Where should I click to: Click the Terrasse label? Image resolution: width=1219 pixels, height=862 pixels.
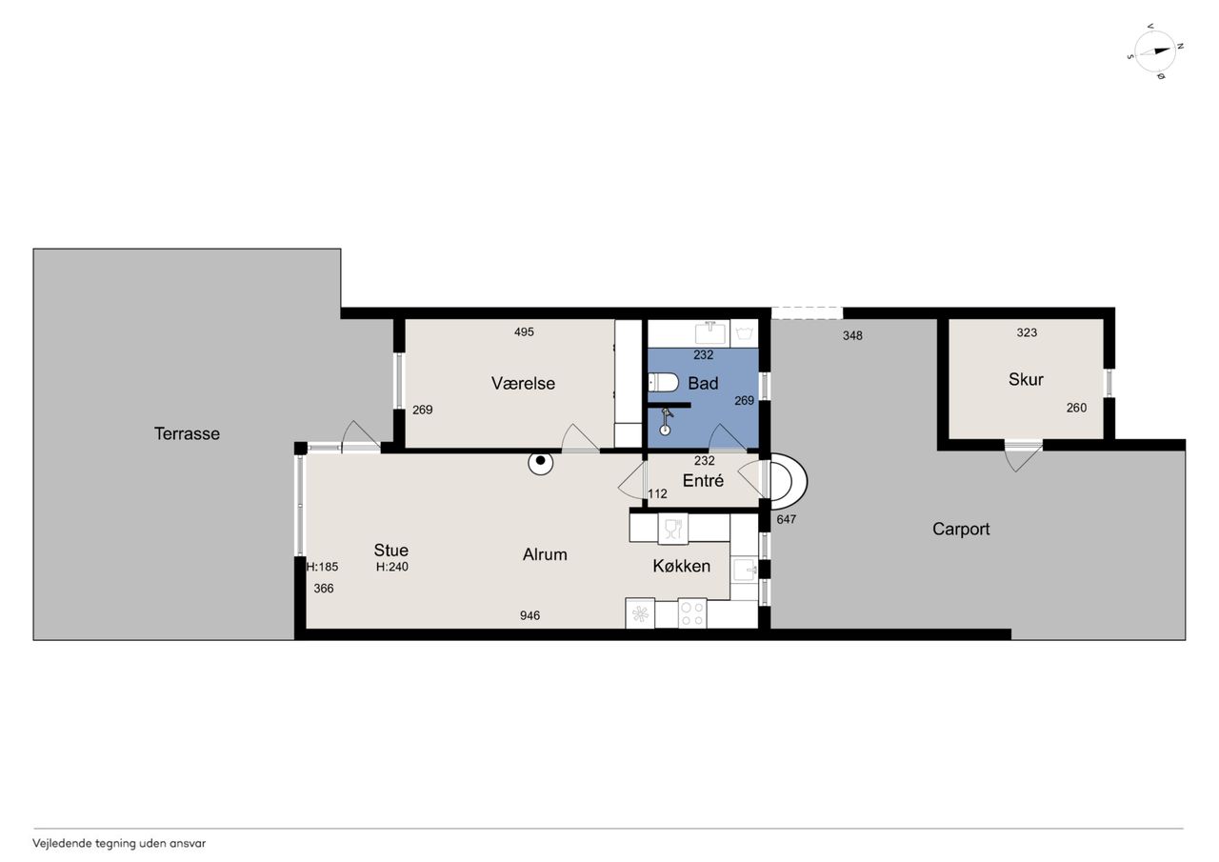[187, 433]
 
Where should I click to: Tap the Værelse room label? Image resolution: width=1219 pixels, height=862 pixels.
[523, 383]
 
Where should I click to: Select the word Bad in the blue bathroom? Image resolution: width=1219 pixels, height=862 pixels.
[703, 383]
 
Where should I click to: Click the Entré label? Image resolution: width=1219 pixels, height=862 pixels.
[703, 480]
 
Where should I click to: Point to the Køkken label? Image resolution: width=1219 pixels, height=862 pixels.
[681, 566]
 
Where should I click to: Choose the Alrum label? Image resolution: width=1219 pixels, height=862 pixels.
[545, 554]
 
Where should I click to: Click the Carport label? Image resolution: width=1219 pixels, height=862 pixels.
[961, 529]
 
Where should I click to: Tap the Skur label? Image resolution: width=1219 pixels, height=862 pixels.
[1026, 379]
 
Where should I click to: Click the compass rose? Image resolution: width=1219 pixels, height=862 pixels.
[1156, 51]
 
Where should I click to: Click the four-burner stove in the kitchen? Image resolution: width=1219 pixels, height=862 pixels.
[692, 612]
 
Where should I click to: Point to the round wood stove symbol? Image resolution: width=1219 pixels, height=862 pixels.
[540, 462]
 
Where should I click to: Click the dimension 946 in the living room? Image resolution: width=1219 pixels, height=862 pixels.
[530, 615]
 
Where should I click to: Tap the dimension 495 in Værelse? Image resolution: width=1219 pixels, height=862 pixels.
[524, 332]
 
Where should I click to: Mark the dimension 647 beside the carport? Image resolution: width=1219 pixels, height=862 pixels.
[787, 520]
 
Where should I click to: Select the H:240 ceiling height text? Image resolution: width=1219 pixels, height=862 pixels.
[391, 567]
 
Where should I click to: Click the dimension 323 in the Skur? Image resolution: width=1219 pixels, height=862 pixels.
[1027, 332]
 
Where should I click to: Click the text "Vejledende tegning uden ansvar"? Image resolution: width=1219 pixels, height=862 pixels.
[119, 844]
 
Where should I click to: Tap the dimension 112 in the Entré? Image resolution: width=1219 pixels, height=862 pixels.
[657, 494]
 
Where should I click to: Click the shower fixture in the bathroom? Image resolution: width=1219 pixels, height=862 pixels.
[666, 421]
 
